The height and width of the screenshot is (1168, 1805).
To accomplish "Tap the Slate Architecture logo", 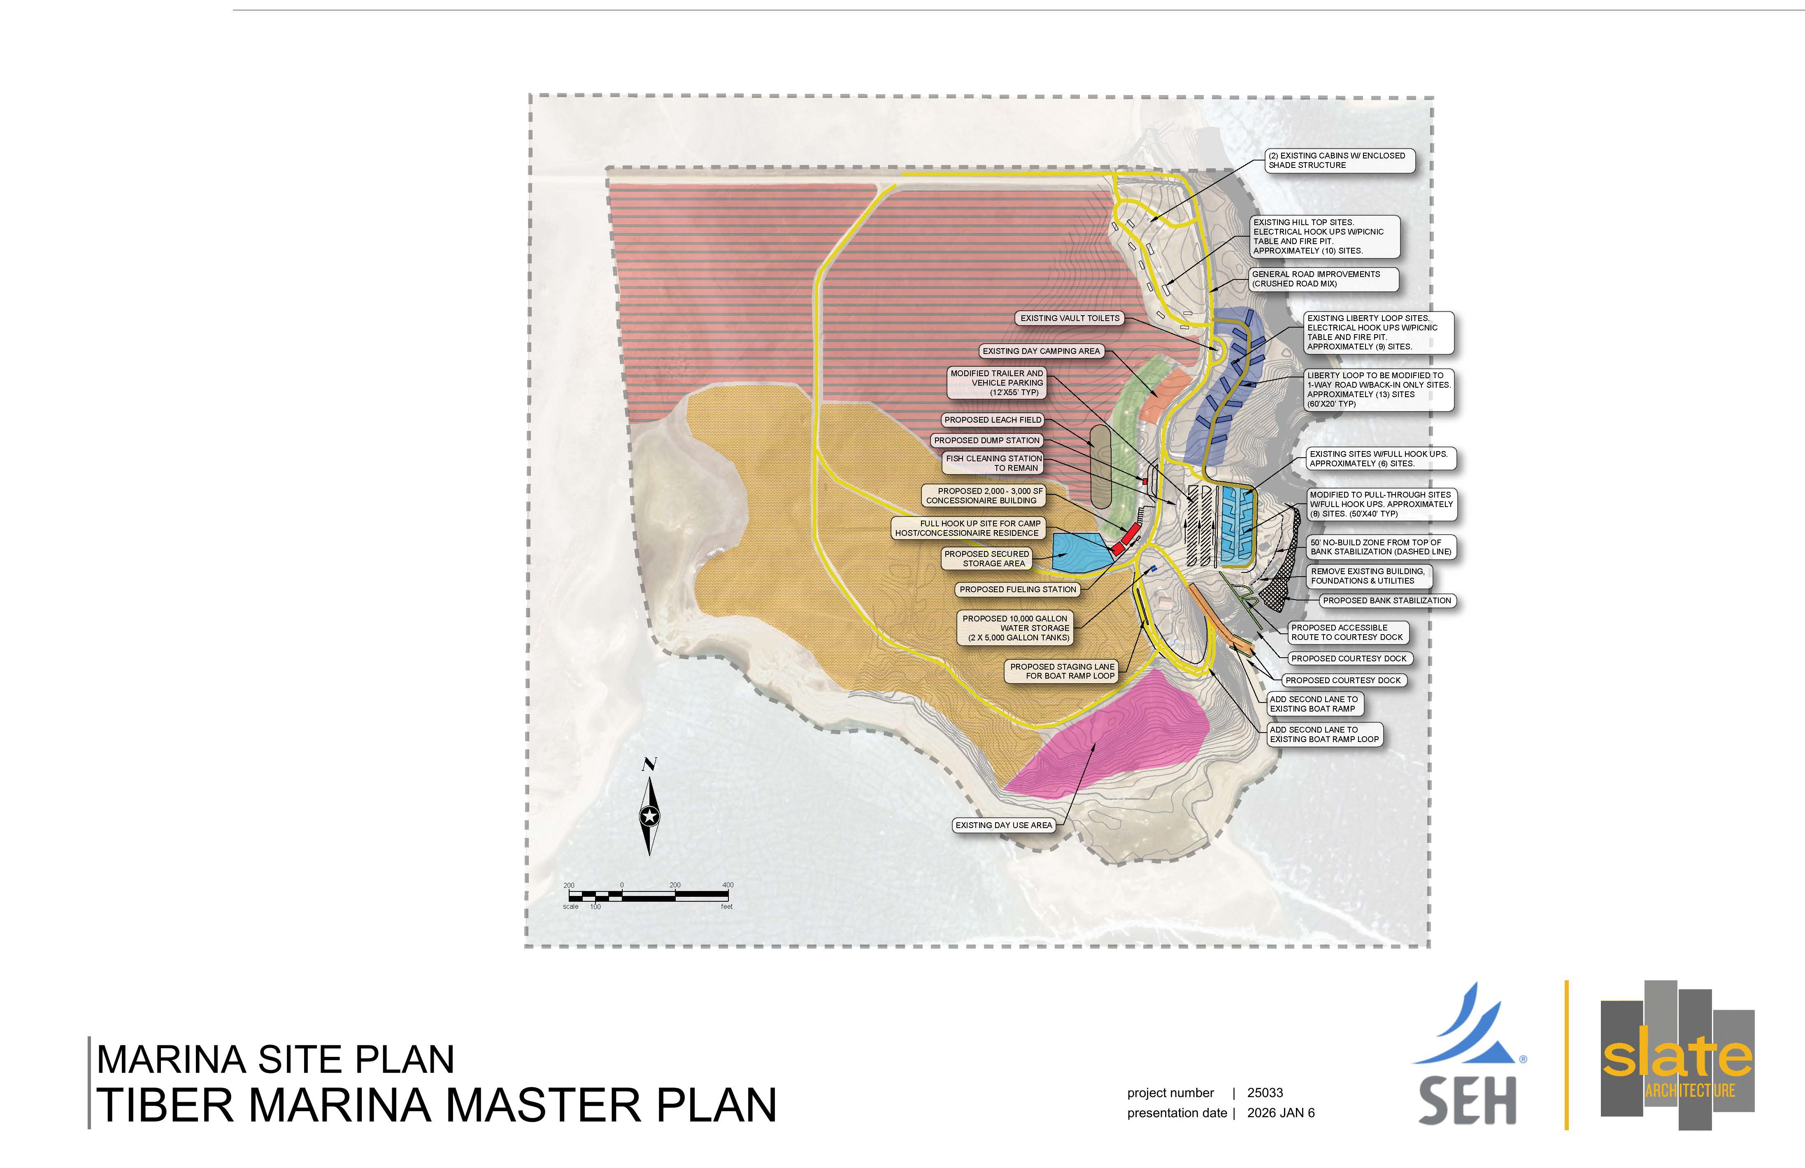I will point(1677,1056).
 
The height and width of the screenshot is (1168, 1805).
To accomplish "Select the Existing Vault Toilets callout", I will point(1069,319).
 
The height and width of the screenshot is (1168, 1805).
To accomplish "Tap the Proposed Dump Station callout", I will point(987,441).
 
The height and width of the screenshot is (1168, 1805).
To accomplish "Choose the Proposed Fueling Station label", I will point(1018,589).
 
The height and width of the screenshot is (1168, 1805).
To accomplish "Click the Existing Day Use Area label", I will point(1003,825).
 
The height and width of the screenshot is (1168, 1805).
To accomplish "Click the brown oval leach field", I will point(1100,466).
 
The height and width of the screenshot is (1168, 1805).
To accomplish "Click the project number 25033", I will point(1265,1093).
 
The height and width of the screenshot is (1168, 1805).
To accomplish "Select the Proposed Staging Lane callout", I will point(1062,671).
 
